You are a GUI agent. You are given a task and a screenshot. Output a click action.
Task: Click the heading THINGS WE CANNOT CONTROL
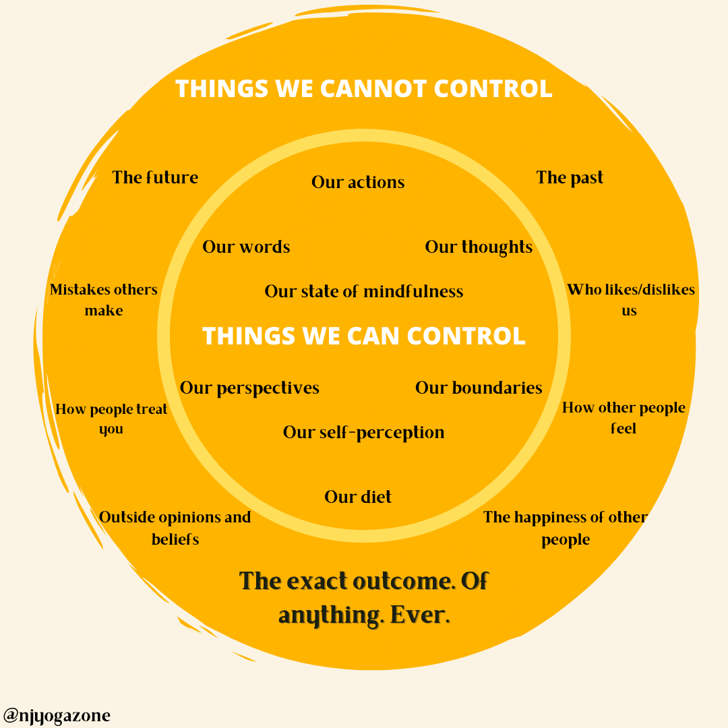(x=364, y=89)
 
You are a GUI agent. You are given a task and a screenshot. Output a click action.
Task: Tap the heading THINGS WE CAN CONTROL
(x=364, y=336)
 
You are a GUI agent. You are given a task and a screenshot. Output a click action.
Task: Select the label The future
(x=155, y=177)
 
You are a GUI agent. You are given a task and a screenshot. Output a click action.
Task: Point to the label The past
(x=570, y=177)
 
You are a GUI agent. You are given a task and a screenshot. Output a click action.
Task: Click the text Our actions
(x=358, y=182)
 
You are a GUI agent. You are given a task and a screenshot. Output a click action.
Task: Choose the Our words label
(x=246, y=247)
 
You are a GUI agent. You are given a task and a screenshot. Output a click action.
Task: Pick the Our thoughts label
(x=479, y=247)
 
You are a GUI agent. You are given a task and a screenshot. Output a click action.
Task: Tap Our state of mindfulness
(x=364, y=291)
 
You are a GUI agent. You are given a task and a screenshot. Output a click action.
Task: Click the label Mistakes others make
(x=104, y=300)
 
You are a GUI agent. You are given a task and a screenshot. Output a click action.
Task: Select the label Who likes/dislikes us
(x=630, y=300)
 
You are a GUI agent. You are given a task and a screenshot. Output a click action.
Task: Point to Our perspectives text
(x=249, y=388)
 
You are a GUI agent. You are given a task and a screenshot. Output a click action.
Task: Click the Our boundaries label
(x=479, y=388)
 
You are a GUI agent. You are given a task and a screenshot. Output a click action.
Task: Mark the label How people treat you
(x=111, y=419)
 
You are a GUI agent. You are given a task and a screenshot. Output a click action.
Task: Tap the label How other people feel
(x=624, y=418)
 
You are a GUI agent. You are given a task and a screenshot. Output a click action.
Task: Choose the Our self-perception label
(x=364, y=432)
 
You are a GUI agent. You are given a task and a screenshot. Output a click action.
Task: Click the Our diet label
(x=358, y=497)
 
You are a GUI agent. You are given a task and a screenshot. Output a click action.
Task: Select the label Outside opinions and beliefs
(x=175, y=528)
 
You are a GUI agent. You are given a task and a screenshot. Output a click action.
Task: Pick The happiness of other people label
(x=566, y=528)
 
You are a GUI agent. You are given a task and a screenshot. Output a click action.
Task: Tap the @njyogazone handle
(x=57, y=715)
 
